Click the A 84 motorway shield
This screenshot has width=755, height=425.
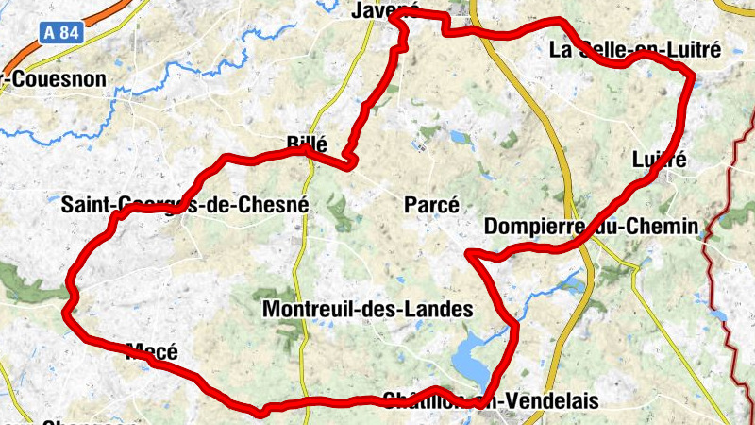coord(61,31)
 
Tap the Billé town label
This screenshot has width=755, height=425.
coord(306,144)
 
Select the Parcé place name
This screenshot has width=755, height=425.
coord(431,205)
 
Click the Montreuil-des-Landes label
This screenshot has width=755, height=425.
coord(367,308)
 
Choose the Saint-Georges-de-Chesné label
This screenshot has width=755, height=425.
coord(185,204)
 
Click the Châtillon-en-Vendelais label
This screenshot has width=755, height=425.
coord(491,401)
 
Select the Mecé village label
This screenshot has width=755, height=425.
coord(152,352)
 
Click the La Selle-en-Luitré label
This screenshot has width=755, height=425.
coord(634,49)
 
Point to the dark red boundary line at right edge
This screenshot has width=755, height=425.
coord(728,283)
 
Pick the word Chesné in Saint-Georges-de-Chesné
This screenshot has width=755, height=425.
coord(275,204)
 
